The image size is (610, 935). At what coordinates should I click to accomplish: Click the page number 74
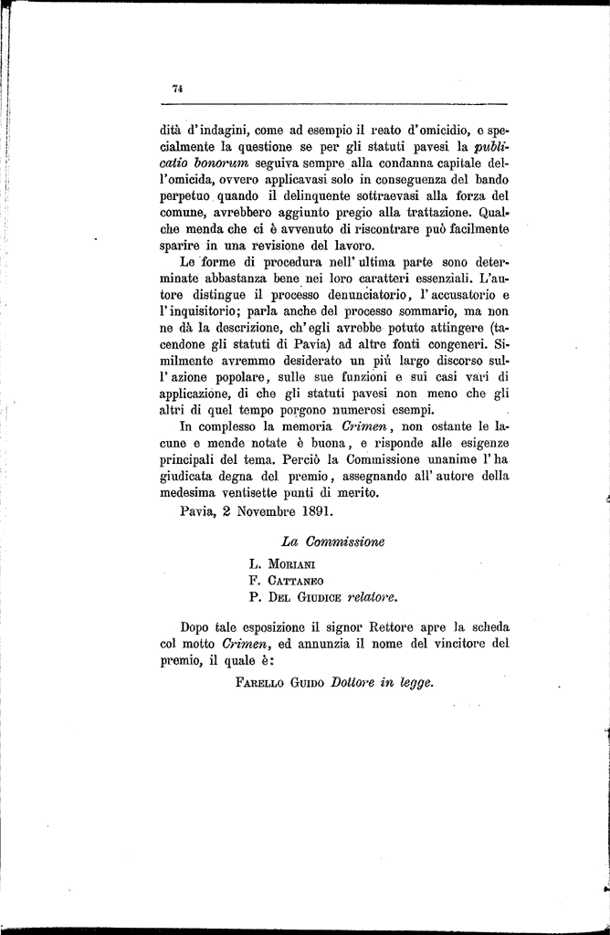(x=177, y=89)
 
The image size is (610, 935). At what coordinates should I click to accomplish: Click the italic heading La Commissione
(x=332, y=541)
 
